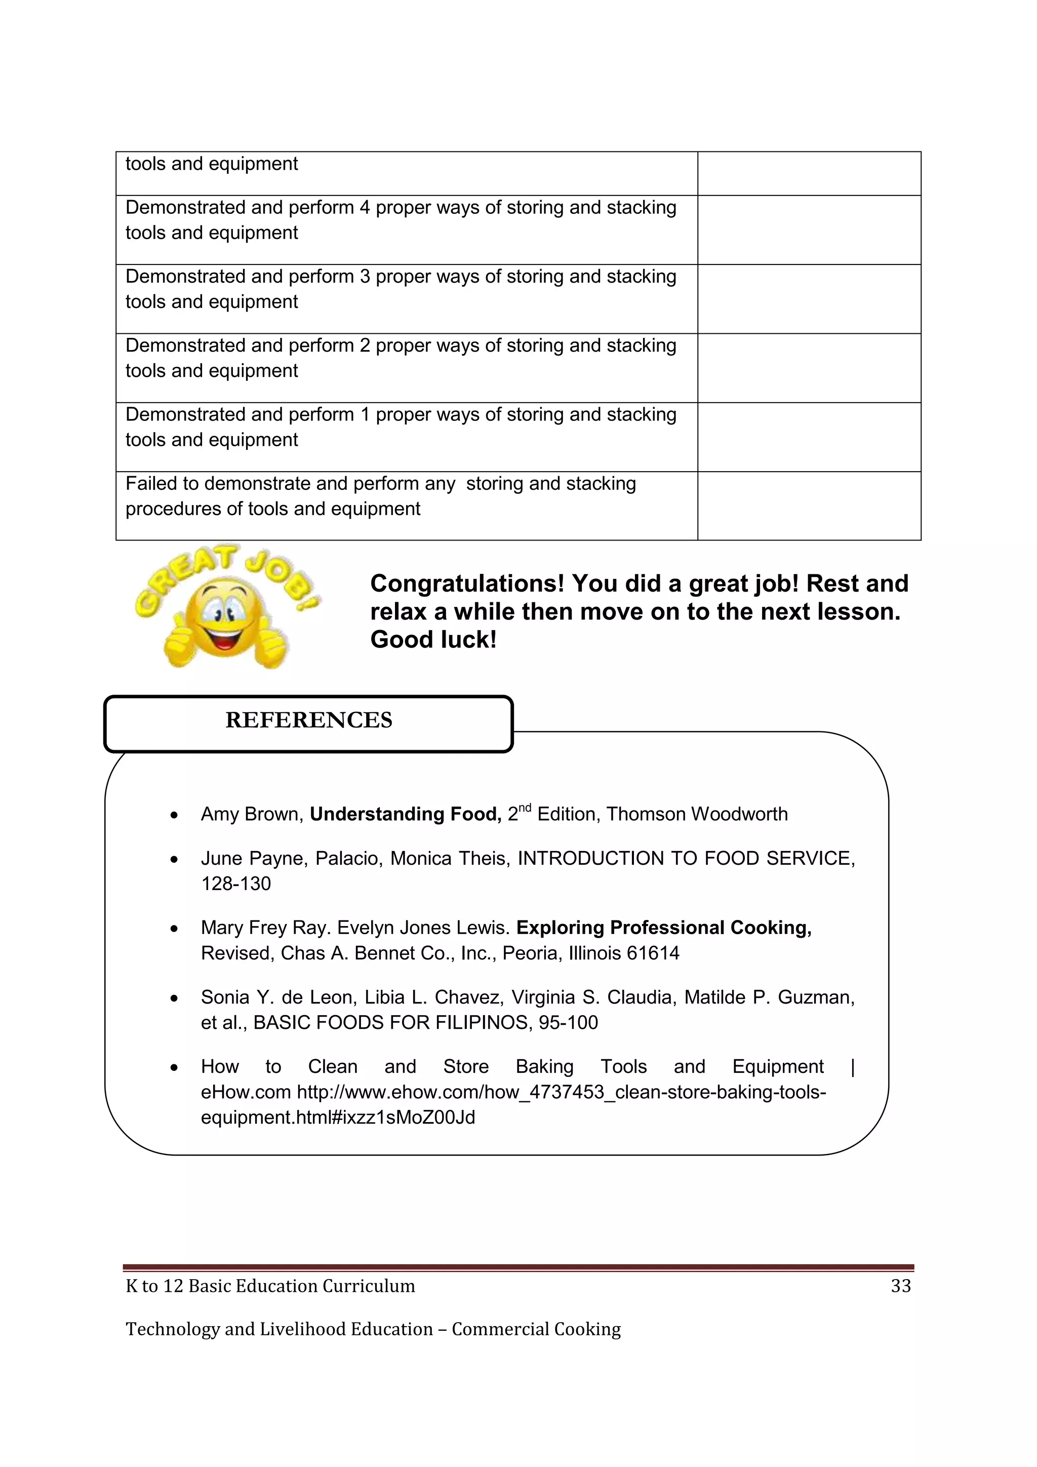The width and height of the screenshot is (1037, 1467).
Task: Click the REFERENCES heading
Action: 308,720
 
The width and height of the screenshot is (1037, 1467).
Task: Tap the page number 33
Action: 900,1286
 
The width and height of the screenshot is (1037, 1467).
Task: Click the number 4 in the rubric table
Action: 365,208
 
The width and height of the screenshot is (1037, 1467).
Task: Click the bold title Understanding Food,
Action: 406,814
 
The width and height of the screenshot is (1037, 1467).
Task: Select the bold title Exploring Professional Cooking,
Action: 663,928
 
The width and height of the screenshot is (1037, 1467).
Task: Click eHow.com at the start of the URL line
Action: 246,1092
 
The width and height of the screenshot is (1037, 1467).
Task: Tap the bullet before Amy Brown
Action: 174,815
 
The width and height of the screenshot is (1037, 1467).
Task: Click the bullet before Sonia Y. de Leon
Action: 174,998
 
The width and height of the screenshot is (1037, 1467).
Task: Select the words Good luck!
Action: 433,640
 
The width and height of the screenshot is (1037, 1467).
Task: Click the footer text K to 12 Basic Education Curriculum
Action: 270,1286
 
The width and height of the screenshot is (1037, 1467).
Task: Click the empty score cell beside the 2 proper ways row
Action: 809,368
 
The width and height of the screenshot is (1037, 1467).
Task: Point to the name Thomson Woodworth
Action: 697,814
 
